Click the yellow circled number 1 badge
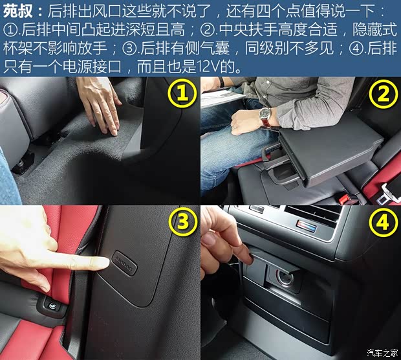pos(182,95)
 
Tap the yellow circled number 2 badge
pos(383,95)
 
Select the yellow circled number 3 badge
pos(182,222)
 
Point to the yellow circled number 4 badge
pos(383,222)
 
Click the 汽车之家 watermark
pos(382,352)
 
